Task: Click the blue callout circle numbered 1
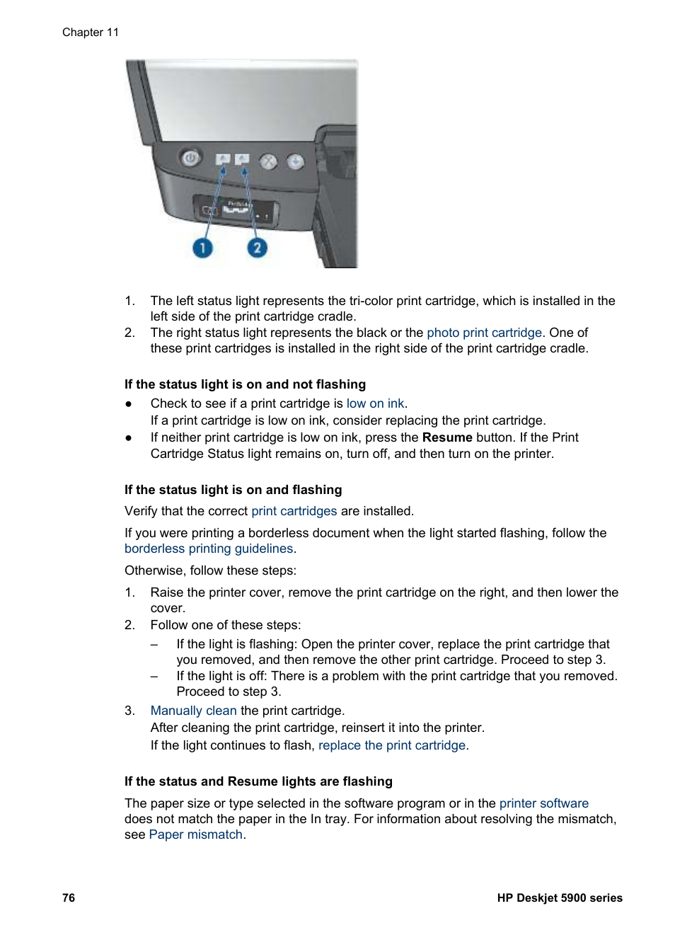click(202, 248)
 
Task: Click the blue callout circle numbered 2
click(257, 248)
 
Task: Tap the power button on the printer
click(190, 158)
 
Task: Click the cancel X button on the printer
click(268, 161)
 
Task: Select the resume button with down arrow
click(295, 162)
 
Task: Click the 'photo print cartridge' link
click(484, 333)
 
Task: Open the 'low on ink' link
click(375, 403)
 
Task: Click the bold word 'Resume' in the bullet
click(446, 437)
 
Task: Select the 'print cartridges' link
click(294, 511)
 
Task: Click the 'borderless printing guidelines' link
click(209, 549)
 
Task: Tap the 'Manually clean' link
click(193, 711)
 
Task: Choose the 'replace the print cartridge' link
click(392, 745)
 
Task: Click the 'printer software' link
click(543, 803)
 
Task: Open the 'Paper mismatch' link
click(196, 834)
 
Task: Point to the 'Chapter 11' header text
click(91, 33)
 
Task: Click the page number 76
click(69, 897)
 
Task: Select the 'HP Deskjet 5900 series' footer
click(559, 897)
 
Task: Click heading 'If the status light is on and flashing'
click(233, 490)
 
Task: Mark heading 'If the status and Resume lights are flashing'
click(258, 781)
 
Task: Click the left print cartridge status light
click(223, 159)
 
